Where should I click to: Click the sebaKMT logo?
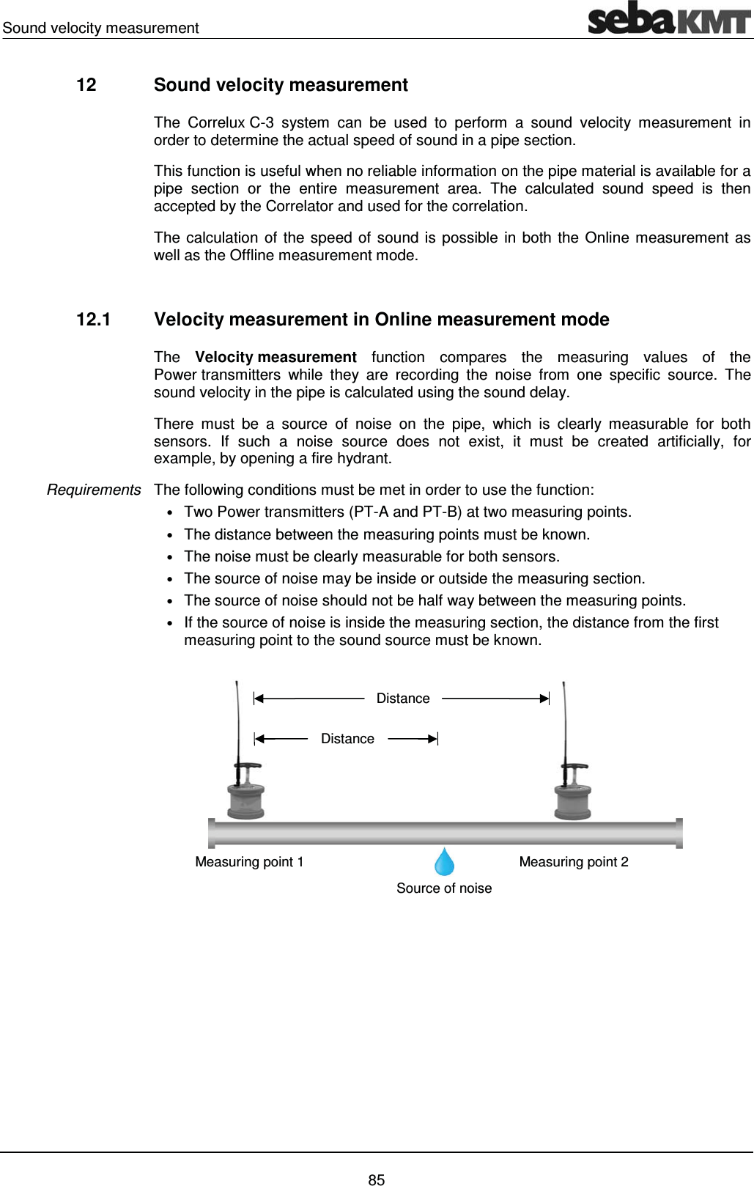tap(669, 18)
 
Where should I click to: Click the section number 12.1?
tap(93, 320)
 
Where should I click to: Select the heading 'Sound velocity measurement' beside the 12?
tap(281, 85)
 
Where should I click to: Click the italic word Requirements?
tap(94, 490)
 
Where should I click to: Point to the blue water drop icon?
tap(444, 862)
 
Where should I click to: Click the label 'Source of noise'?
tap(444, 888)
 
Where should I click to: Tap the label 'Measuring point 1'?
tap(249, 862)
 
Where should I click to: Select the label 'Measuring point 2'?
tap(574, 862)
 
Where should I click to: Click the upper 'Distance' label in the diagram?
tap(403, 699)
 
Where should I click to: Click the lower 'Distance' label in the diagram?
tap(347, 739)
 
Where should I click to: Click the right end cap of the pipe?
tap(679, 833)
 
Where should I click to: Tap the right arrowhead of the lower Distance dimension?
tap(432, 739)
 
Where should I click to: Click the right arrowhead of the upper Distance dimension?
tap(544, 699)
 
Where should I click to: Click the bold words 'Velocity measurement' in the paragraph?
tap(276, 357)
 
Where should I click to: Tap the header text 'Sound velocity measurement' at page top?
tap(100, 28)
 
